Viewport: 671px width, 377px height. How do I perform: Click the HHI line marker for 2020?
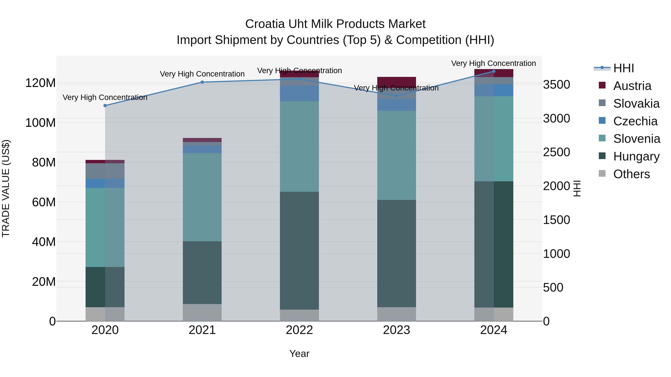click(x=105, y=106)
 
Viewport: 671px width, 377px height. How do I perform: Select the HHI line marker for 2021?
click(x=202, y=82)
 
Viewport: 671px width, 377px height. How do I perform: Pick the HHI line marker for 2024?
click(x=494, y=71)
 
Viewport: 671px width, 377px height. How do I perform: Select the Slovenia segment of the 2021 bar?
click(x=202, y=197)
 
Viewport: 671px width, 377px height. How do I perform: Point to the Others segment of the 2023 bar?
click(x=396, y=314)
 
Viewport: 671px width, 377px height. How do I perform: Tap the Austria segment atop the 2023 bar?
click(x=396, y=81)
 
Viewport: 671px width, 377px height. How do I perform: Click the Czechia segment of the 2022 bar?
click(x=299, y=93)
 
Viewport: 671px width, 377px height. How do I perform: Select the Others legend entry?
click(x=631, y=174)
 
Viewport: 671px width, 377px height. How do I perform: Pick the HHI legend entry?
click(x=623, y=68)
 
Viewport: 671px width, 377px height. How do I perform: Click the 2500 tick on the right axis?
click(x=556, y=152)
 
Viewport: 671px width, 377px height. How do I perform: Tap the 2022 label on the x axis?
click(x=299, y=330)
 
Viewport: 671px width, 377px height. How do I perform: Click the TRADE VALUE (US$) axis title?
click(x=6, y=188)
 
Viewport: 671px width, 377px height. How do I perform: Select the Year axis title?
click(x=299, y=354)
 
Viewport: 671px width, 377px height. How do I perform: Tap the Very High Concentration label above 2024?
click(x=493, y=63)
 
